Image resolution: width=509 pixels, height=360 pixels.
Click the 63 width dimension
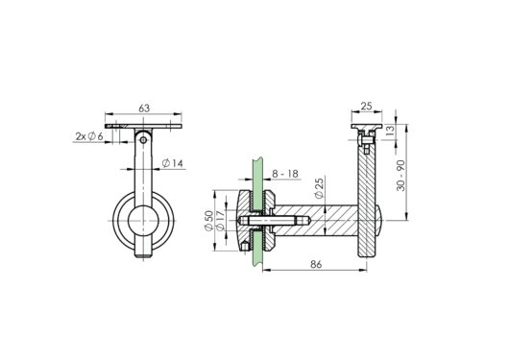145,109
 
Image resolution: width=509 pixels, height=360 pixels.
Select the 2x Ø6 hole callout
89,136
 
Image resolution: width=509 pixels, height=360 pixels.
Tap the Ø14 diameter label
174,163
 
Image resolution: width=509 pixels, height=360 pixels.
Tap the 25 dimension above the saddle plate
366,107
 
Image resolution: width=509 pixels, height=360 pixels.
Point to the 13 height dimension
390,131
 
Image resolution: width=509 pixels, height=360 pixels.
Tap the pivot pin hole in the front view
145,140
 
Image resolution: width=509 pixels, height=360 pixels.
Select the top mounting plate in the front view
145,126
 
